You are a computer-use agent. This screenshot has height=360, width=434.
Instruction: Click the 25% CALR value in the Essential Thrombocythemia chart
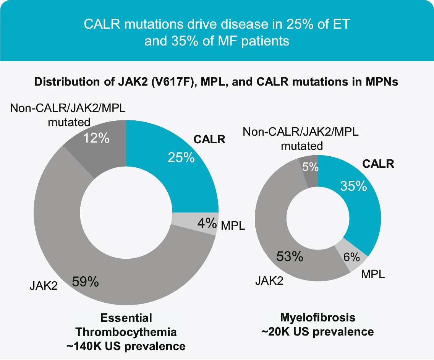tap(181, 157)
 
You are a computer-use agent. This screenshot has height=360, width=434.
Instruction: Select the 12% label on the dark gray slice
tap(97, 138)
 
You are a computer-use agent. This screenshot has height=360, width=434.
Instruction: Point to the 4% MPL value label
tap(206, 223)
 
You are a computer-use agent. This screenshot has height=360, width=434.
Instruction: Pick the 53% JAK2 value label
tap(290, 256)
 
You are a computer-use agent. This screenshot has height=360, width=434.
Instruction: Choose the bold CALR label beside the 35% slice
tap(378, 164)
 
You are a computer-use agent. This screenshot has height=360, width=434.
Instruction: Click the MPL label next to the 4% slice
tap(233, 225)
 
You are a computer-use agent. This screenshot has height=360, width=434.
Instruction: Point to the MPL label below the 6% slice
tap(372, 274)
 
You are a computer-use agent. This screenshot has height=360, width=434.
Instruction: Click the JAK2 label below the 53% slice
tap(270, 282)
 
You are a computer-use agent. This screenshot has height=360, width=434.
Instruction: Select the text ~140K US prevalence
tap(126, 347)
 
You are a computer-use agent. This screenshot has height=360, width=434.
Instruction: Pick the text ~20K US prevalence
tap(317, 331)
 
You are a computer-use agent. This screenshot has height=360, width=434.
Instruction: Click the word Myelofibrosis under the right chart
tap(317, 317)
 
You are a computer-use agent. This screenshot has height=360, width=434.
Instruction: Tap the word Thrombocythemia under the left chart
tap(126, 332)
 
